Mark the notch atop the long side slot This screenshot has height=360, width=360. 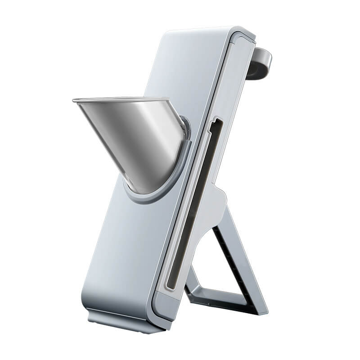click(x=216, y=121)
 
